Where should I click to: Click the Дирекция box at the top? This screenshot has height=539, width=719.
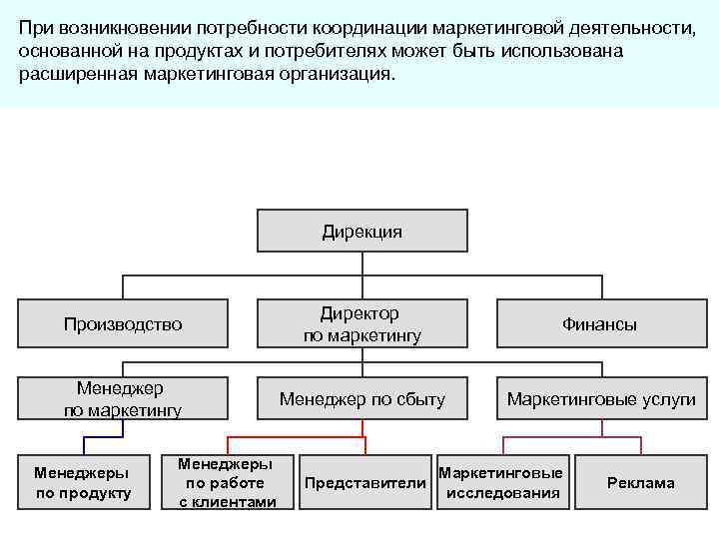pyautogui.click(x=361, y=232)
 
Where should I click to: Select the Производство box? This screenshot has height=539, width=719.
pyautogui.click(x=123, y=323)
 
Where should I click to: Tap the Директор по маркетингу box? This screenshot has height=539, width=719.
pyautogui.click(x=361, y=323)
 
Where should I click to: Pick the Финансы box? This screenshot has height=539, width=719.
pyautogui.click(x=599, y=323)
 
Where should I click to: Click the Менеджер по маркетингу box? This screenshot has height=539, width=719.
pyautogui.click(x=123, y=398)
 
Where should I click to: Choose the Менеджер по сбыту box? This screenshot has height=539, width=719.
pyautogui.click(x=361, y=399)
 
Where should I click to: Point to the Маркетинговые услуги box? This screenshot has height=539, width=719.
pyautogui.click(x=601, y=399)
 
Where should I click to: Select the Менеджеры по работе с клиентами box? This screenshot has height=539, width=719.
pyautogui.click(x=227, y=482)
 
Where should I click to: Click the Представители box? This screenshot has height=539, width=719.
pyautogui.click(x=364, y=483)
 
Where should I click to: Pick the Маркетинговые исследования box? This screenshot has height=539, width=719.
pyautogui.click(x=501, y=483)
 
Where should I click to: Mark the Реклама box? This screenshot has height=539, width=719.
pyautogui.click(x=640, y=483)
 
